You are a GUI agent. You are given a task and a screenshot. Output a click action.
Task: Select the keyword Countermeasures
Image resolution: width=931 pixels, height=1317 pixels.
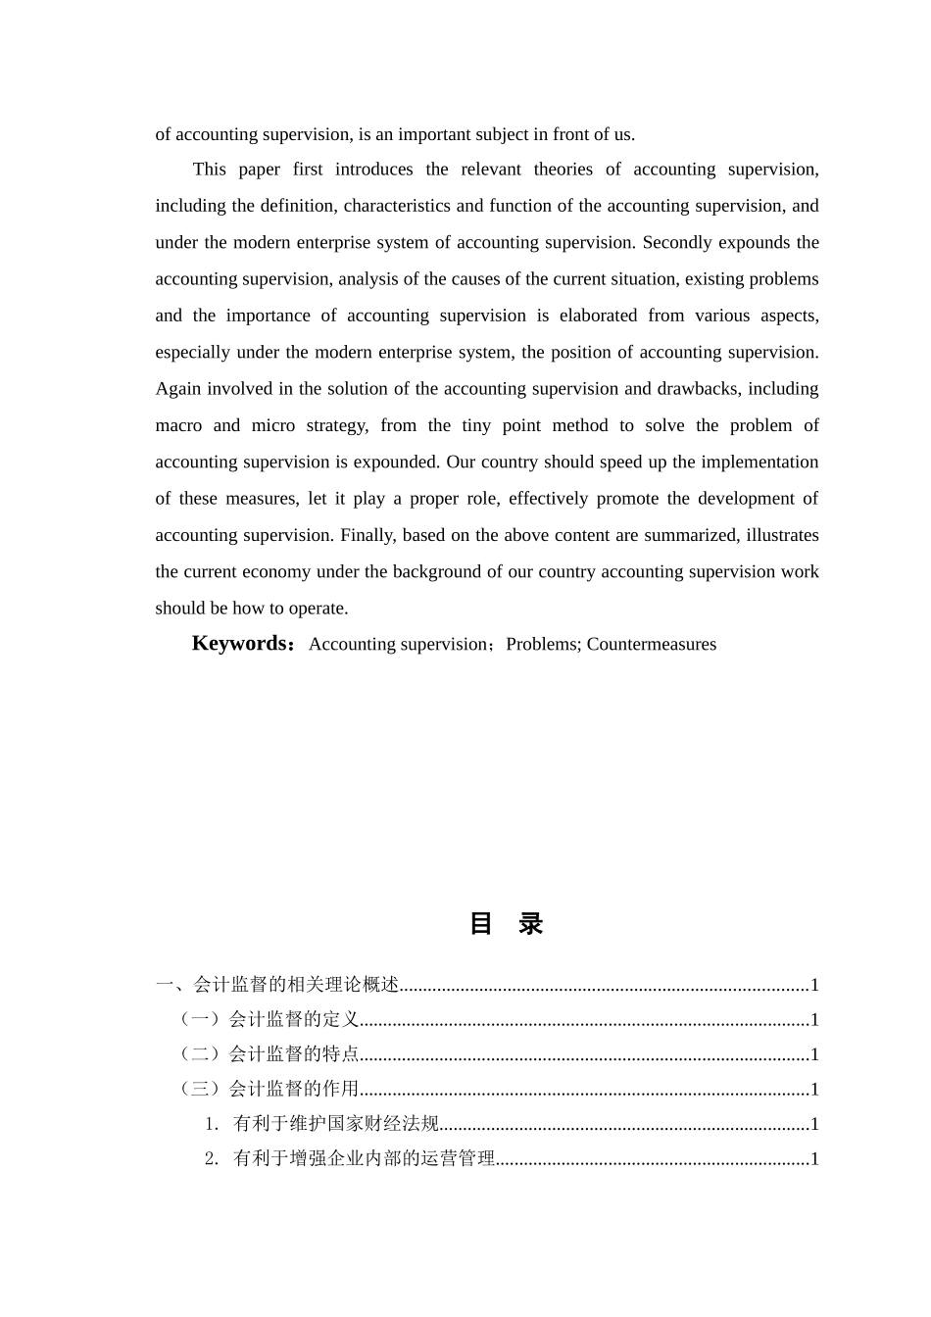click(652, 645)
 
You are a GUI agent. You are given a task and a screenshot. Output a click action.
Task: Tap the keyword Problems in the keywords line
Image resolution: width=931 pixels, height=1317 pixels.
click(542, 645)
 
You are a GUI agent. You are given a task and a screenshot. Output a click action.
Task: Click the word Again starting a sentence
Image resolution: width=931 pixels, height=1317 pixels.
click(179, 389)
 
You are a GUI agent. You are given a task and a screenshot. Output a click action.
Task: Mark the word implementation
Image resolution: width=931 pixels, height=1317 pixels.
click(754, 463)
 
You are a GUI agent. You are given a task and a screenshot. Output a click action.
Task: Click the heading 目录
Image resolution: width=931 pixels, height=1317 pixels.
click(506, 924)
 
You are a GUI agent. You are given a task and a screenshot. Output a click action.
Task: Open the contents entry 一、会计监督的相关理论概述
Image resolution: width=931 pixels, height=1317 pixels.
click(277, 985)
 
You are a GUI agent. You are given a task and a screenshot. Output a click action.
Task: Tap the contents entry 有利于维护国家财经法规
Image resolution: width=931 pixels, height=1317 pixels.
click(335, 1124)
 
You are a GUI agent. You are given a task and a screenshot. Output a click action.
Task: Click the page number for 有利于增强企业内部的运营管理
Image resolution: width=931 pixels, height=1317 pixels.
click(813, 1159)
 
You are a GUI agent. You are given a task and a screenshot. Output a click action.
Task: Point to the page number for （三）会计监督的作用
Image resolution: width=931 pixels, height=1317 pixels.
click(813, 1090)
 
